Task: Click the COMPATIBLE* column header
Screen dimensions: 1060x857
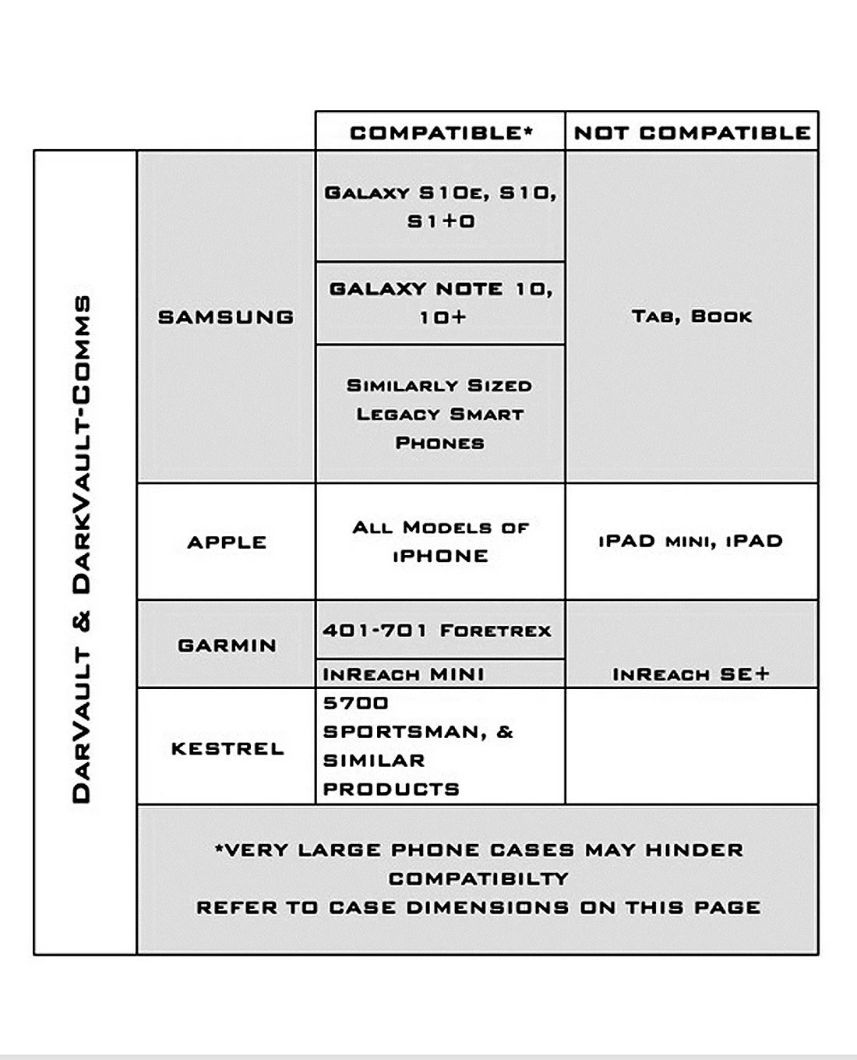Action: pyautogui.click(x=441, y=132)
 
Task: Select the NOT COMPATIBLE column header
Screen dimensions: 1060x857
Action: pyautogui.click(x=692, y=132)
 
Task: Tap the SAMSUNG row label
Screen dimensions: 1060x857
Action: pyautogui.click(x=226, y=317)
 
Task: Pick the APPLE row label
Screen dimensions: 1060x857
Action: pyautogui.click(x=227, y=542)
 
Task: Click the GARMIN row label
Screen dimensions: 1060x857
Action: pyautogui.click(x=227, y=645)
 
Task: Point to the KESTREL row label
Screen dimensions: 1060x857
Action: pyautogui.click(x=227, y=748)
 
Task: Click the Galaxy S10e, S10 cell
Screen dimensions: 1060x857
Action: pyautogui.click(x=441, y=207)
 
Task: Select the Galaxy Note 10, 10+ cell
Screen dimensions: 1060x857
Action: pyautogui.click(x=441, y=302)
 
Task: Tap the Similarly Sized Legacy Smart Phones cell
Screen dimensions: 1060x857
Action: pyautogui.click(x=441, y=414)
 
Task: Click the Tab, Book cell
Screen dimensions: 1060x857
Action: pyautogui.click(x=692, y=316)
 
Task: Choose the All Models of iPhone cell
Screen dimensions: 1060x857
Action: pyautogui.click(x=441, y=542)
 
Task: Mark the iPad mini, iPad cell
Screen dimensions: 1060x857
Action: pyautogui.click(x=690, y=541)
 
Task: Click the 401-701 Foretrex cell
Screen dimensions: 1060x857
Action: pyautogui.click(x=437, y=630)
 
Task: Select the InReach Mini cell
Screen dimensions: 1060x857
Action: pyautogui.click(x=404, y=674)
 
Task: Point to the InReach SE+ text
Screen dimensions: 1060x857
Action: pyautogui.click(x=690, y=674)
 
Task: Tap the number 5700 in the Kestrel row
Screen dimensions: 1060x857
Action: pyautogui.click(x=356, y=703)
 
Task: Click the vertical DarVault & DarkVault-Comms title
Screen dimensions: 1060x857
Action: pyautogui.click(x=82, y=549)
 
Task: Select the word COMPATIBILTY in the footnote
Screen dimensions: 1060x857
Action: pyautogui.click(x=478, y=878)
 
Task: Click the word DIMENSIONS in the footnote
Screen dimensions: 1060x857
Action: pyautogui.click(x=488, y=907)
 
